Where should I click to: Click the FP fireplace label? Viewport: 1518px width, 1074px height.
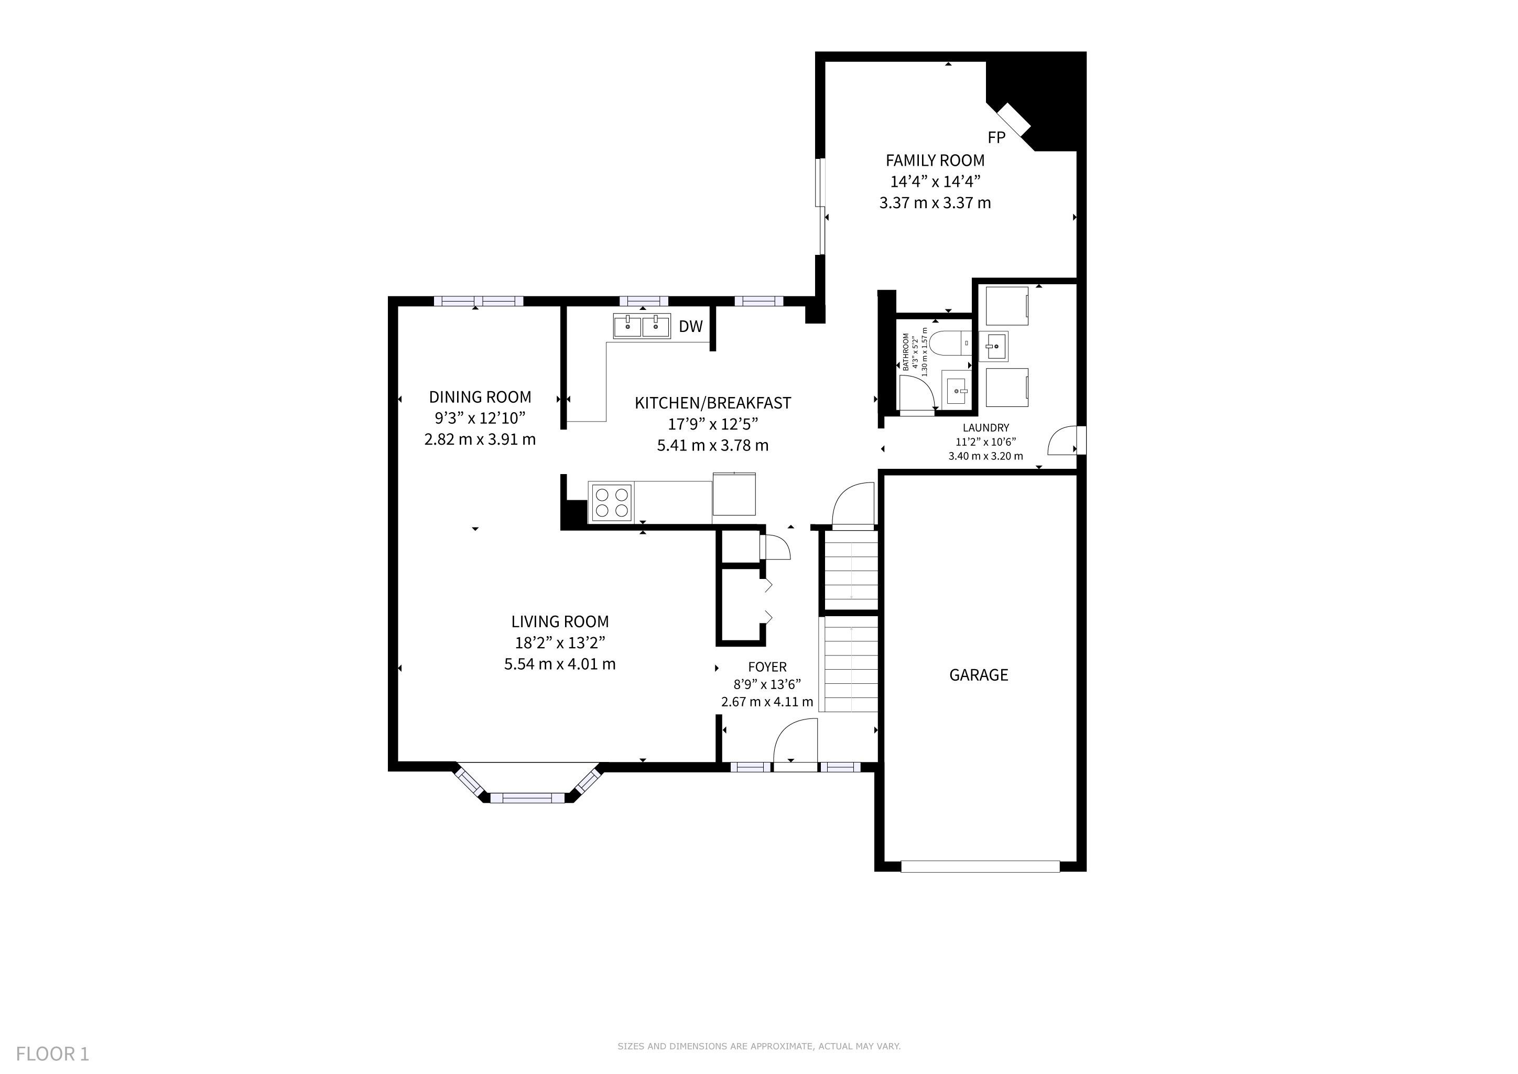[996, 137]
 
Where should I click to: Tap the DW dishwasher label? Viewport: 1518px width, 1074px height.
[691, 326]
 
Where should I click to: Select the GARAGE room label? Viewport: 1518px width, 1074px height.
[979, 675]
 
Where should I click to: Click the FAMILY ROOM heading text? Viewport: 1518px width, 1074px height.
[935, 160]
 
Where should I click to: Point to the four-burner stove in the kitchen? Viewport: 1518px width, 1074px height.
[612, 502]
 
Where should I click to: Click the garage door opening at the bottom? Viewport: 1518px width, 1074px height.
[980, 866]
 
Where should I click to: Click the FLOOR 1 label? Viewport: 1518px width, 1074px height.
[52, 1054]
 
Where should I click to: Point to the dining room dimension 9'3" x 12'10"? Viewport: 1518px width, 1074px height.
[480, 418]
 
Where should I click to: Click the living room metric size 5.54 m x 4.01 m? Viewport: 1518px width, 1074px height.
[560, 664]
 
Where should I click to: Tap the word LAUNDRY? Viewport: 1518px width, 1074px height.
[986, 428]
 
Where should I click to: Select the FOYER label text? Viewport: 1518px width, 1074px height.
[767, 667]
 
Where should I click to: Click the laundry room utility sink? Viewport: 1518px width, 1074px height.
[994, 346]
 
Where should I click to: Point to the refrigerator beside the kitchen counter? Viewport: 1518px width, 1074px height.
[734, 494]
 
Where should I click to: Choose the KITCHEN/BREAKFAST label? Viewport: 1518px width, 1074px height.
[713, 403]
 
